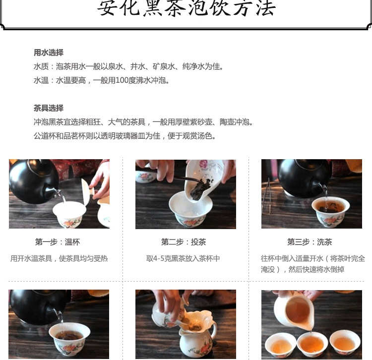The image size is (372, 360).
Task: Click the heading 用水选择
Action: pos(49,53)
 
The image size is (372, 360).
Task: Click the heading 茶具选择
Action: pos(49,108)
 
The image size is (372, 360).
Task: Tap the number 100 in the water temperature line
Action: pos(122,80)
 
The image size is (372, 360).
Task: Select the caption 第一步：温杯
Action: pos(58,242)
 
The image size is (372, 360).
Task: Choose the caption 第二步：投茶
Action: pos(184,242)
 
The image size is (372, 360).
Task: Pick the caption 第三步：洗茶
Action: pos(310,242)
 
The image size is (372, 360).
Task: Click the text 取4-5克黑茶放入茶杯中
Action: pos(183,258)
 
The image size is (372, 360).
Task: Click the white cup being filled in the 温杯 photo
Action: pos(69,214)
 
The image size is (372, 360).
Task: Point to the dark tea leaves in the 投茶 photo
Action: pos(200,189)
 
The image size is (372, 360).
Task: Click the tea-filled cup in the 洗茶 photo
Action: pos(330,212)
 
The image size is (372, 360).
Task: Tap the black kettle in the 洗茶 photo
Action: pos(304,178)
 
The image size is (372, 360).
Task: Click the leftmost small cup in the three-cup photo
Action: pos(280,345)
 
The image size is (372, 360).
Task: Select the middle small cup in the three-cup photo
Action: pos(312,345)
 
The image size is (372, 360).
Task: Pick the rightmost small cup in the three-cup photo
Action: pos(345,343)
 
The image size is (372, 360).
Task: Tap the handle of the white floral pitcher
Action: pos(214,330)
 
